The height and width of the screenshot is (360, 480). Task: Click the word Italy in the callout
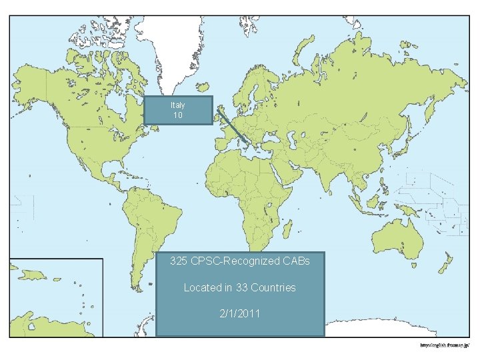click(x=178, y=105)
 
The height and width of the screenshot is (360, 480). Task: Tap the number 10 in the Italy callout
click(x=178, y=115)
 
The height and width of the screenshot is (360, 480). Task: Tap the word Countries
click(x=273, y=287)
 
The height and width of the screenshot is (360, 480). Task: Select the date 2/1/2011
click(x=240, y=313)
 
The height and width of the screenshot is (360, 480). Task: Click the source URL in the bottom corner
click(x=445, y=345)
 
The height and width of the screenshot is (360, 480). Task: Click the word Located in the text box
click(x=204, y=287)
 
